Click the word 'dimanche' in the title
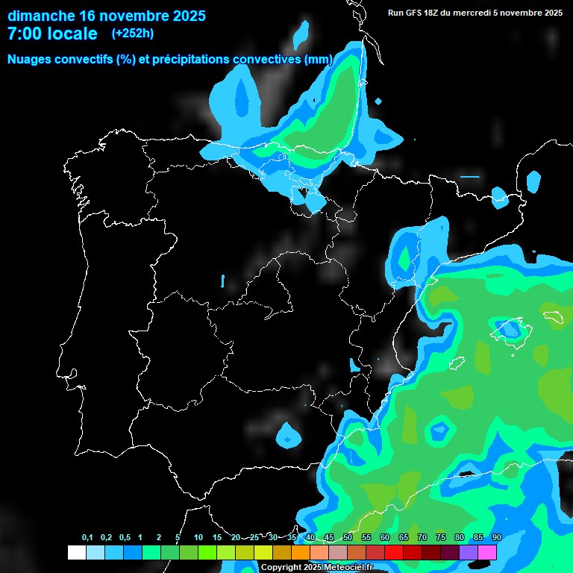pos(42,15)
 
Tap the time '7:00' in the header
pos(27,34)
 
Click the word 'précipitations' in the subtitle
pos(187,59)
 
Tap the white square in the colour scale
pos(76,552)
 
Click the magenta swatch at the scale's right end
pos(487,552)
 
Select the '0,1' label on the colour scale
pos(87,538)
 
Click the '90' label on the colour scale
pos(497,538)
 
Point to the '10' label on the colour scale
pos(198,538)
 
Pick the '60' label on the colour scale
pos(385,538)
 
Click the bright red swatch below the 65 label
pos(394,552)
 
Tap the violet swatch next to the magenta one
pos(469,552)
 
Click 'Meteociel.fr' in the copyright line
pos(348,568)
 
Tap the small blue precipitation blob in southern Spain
pos(287,434)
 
